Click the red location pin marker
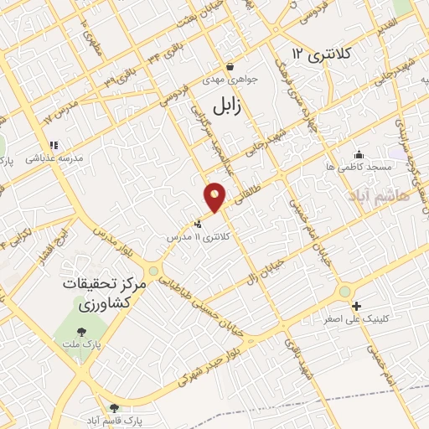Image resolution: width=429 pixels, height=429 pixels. tap(215, 196)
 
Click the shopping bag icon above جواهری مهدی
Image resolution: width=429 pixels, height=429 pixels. tap(230, 67)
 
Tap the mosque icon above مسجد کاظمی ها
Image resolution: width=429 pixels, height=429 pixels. tap(359, 154)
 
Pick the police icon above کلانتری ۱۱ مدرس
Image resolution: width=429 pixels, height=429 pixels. tap(198, 225)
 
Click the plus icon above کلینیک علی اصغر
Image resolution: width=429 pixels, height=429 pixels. tap(357, 307)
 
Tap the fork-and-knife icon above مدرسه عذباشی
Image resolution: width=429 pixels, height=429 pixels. tap(50, 144)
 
